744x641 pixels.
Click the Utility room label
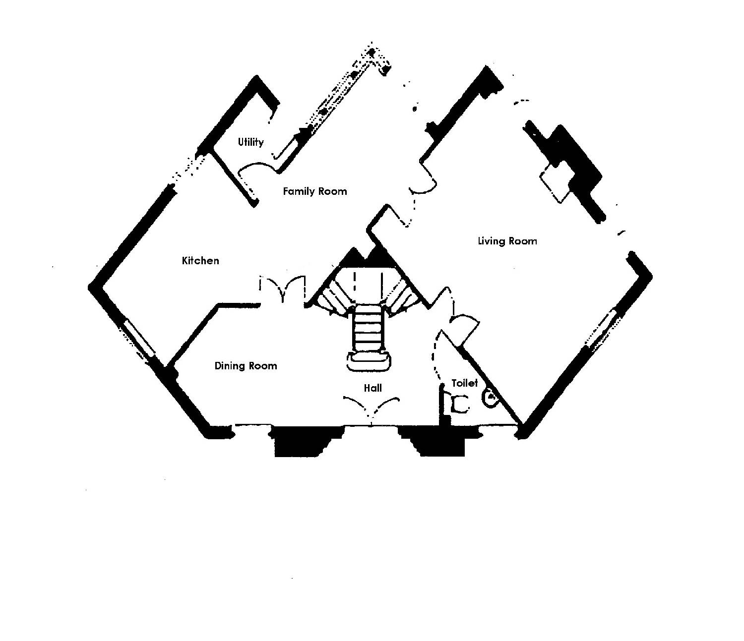tap(250, 142)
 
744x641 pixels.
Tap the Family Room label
tap(314, 191)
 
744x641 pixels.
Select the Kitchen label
tap(200, 260)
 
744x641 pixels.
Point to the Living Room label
tap(507, 241)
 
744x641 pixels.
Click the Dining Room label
tap(246, 366)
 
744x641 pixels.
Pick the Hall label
tap(372, 388)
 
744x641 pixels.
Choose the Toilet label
tap(464, 383)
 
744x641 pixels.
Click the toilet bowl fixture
tap(459, 404)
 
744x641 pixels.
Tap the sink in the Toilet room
tap(490, 397)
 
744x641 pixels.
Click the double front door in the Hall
tap(372, 407)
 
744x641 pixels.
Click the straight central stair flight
tap(369, 330)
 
